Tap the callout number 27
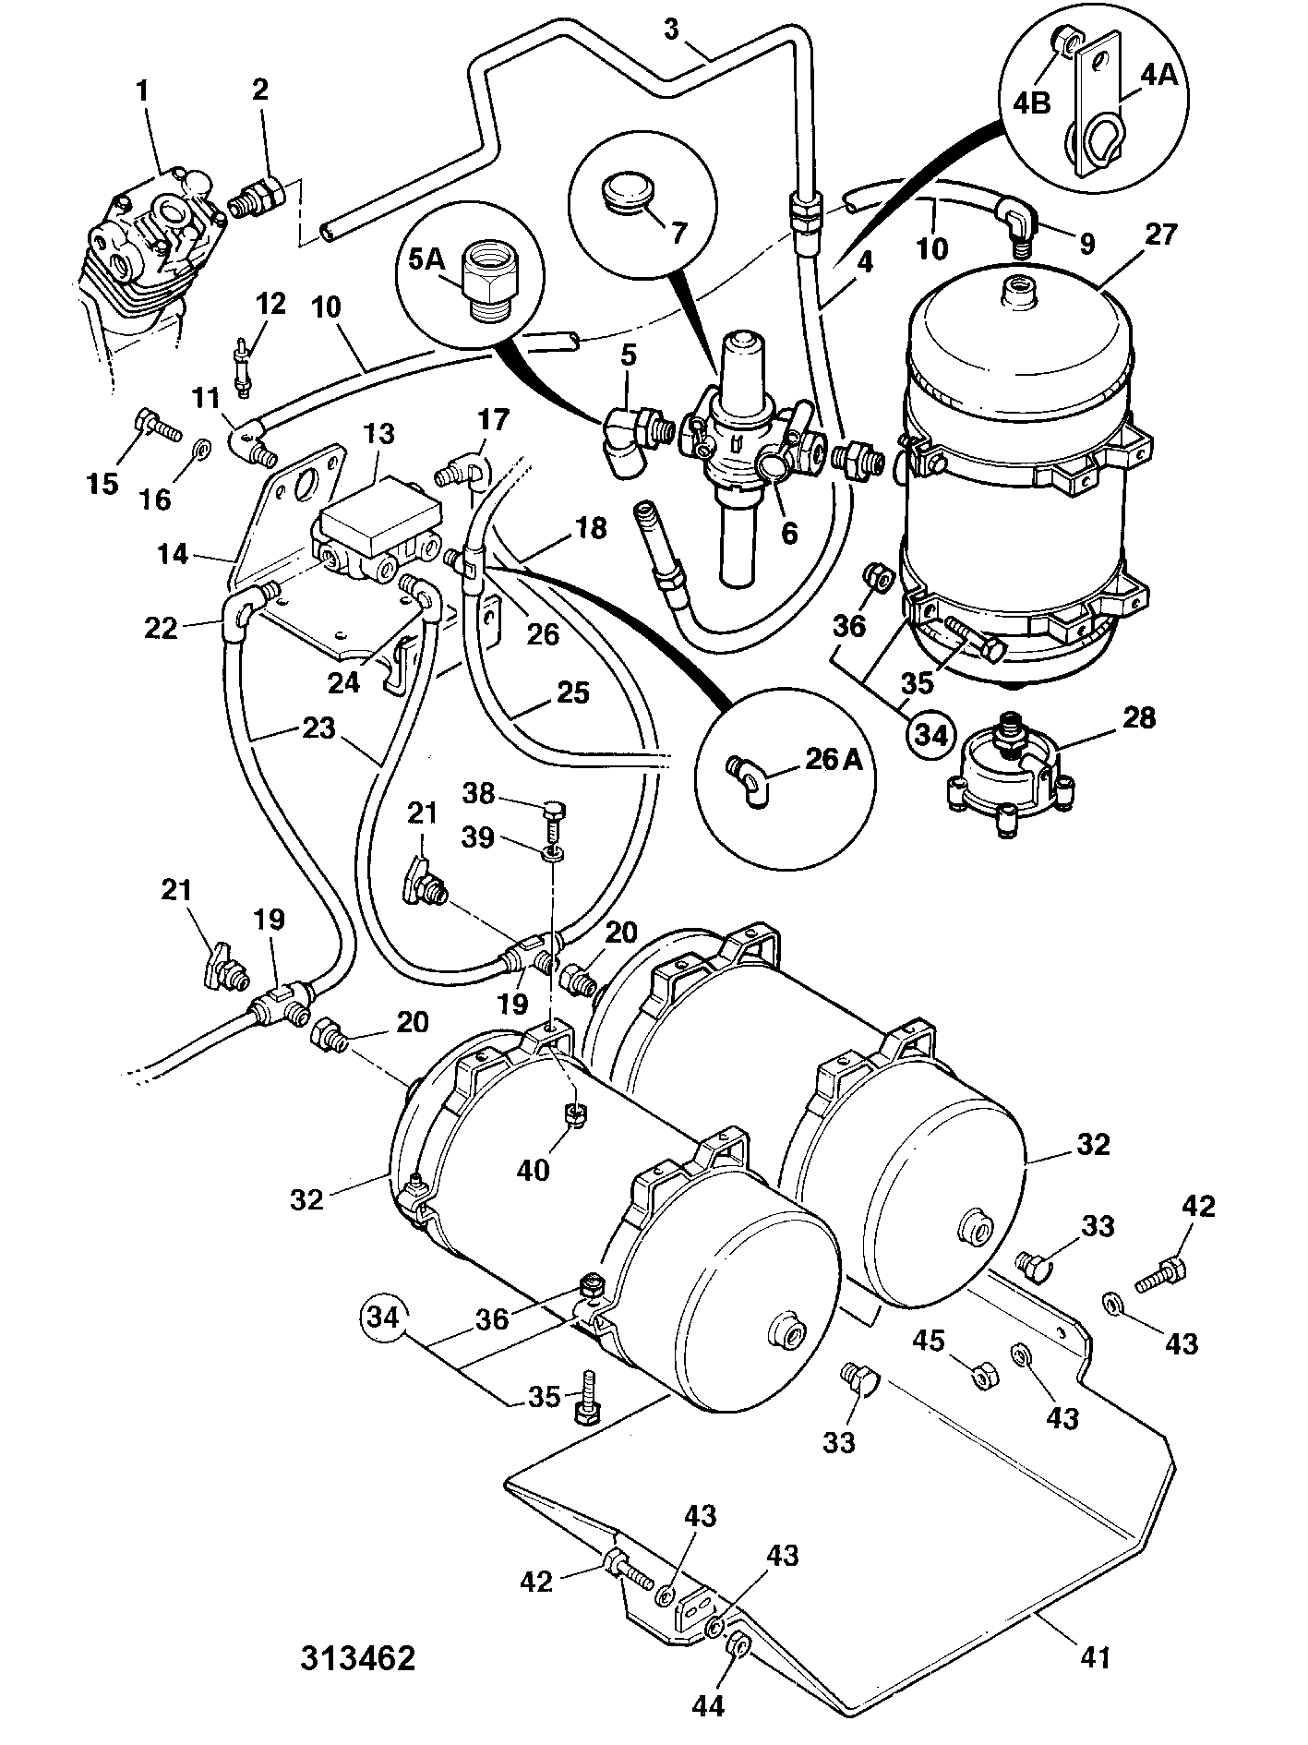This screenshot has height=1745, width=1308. (1160, 235)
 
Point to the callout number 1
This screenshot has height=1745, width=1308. (142, 91)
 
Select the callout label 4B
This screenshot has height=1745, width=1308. (1032, 102)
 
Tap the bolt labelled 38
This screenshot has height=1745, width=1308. (554, 814)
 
